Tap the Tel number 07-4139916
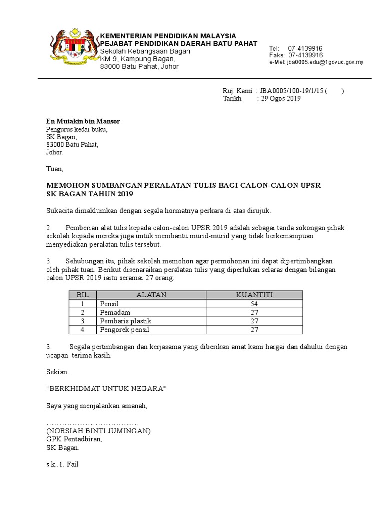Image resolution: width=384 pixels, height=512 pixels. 305,48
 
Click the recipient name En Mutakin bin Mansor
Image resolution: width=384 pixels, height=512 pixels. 83,121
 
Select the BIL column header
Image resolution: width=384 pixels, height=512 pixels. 82,295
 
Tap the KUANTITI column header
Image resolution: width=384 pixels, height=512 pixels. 254,295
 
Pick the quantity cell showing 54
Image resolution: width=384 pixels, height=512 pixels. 254,304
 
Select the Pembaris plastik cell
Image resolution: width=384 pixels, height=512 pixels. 126,321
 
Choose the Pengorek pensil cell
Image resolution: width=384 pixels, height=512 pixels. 125,330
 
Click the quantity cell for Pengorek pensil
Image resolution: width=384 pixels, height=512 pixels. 254,330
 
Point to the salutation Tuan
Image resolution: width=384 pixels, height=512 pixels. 55,169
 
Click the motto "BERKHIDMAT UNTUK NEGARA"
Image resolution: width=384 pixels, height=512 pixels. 105,389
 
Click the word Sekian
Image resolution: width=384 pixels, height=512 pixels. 58,372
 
